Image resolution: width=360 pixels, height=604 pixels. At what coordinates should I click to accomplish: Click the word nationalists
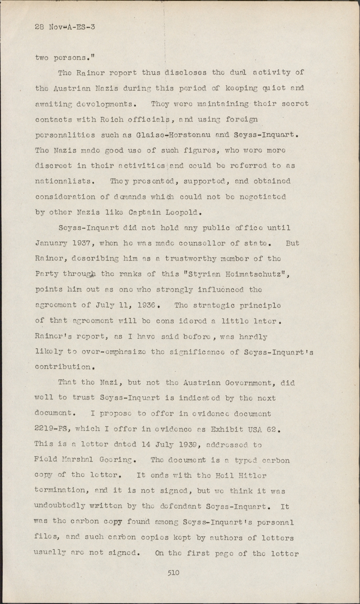64,181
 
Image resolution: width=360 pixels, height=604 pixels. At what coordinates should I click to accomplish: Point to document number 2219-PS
51,429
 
